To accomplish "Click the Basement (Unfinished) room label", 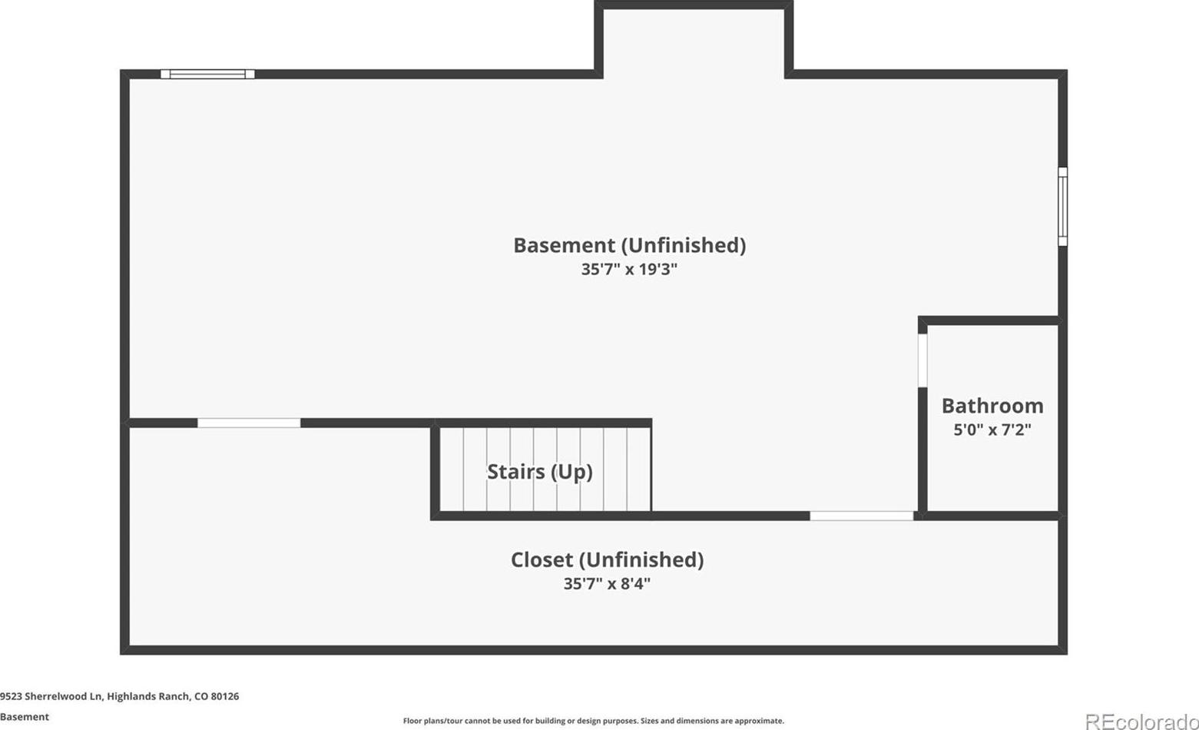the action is (x=630, y=245).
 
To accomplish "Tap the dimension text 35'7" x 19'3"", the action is (x=630, y=269).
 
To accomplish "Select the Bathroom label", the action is (x=992, y=406).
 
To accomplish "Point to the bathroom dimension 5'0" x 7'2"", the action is (x=992, y=430).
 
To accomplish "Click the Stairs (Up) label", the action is (x=539, y=472).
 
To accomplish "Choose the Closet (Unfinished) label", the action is (x=607, y=559).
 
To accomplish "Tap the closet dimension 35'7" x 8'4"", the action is (x=607, y=583).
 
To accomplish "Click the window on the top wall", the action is (x=207, y=74).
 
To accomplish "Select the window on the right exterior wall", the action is (x=1063, y=207).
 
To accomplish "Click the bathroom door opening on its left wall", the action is (x=922, y=360).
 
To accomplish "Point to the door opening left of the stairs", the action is (x=249, y=423).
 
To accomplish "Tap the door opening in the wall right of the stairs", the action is (x=862, y=516).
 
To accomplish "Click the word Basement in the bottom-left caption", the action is (x=25, y=717).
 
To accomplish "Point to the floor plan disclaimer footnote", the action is (x=594, y=721).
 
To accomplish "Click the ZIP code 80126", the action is (x=225, y=696).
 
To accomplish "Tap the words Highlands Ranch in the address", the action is (x=147, y=696).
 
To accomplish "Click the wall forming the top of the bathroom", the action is (x=990, y=320).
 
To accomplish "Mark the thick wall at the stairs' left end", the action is (x=436, y=470).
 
